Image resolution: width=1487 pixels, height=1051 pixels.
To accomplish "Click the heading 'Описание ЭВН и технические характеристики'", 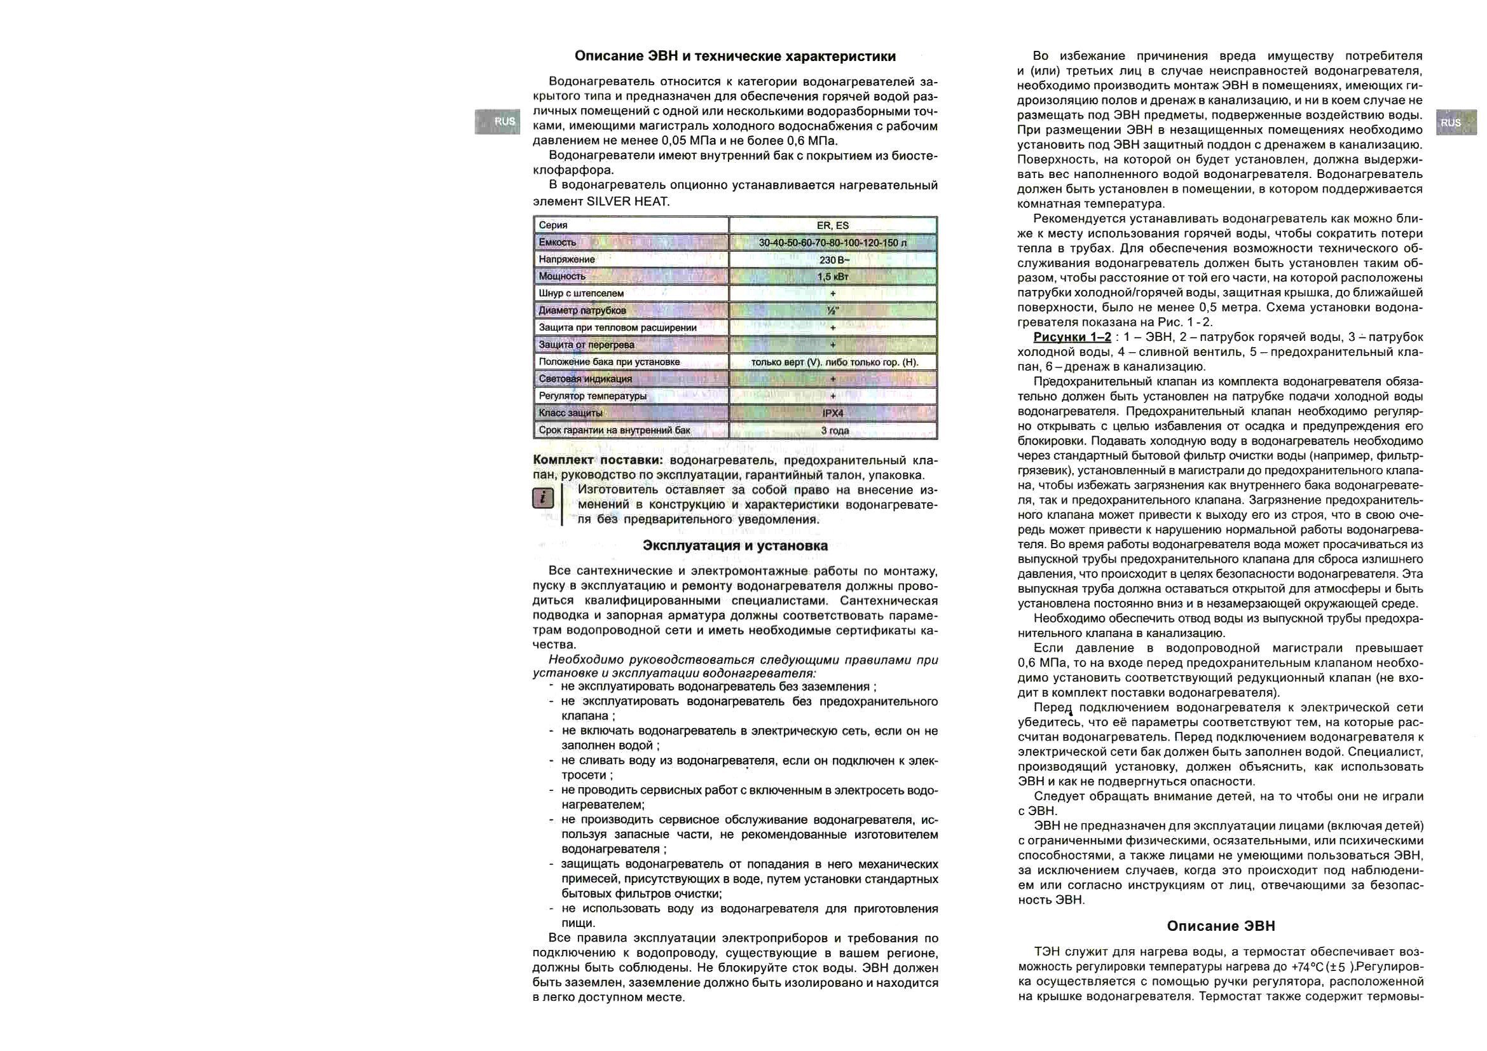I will [735, 57].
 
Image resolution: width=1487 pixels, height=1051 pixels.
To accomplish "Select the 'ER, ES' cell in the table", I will [832, 225].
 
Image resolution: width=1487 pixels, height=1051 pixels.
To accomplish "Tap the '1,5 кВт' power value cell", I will [832, 277].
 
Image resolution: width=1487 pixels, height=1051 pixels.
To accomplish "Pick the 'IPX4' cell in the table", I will [832, 413].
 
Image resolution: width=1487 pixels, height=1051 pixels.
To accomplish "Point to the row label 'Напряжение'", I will [566, 259].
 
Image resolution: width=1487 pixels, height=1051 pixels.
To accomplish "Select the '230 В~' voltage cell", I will [833, 259].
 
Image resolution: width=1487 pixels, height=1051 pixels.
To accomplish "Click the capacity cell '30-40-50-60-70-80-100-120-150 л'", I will [832, 243].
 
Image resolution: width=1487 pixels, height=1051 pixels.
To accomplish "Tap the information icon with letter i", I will [543, 498].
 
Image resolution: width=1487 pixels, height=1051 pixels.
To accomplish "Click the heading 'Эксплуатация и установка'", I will [735, 546].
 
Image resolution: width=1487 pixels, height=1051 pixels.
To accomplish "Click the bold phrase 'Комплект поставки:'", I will [597, 460].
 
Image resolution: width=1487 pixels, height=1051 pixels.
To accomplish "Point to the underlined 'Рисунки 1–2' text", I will [1072, 338].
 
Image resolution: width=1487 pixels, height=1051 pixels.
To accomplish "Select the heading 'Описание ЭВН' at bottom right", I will [1221, 926].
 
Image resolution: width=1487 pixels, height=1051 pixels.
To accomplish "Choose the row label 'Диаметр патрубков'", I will [582, 311].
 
